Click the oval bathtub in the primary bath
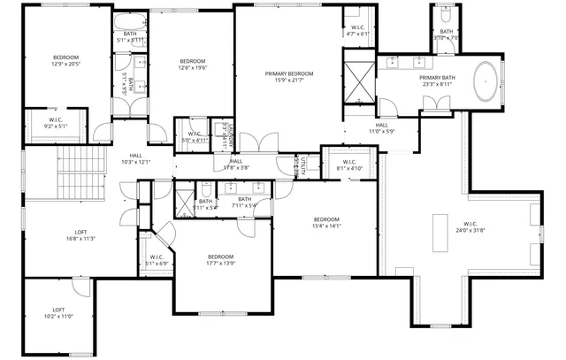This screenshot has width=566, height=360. point(488,81)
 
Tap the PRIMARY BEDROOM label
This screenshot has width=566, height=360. point(289,77)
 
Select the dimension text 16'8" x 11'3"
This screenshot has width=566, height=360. point(80,238)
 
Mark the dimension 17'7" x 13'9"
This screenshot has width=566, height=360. point(221,263)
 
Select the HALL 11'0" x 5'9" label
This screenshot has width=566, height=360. point(381,128)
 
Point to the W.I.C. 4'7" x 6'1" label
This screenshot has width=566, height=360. point(358,31)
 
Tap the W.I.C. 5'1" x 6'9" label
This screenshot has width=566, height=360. point(156,260)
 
